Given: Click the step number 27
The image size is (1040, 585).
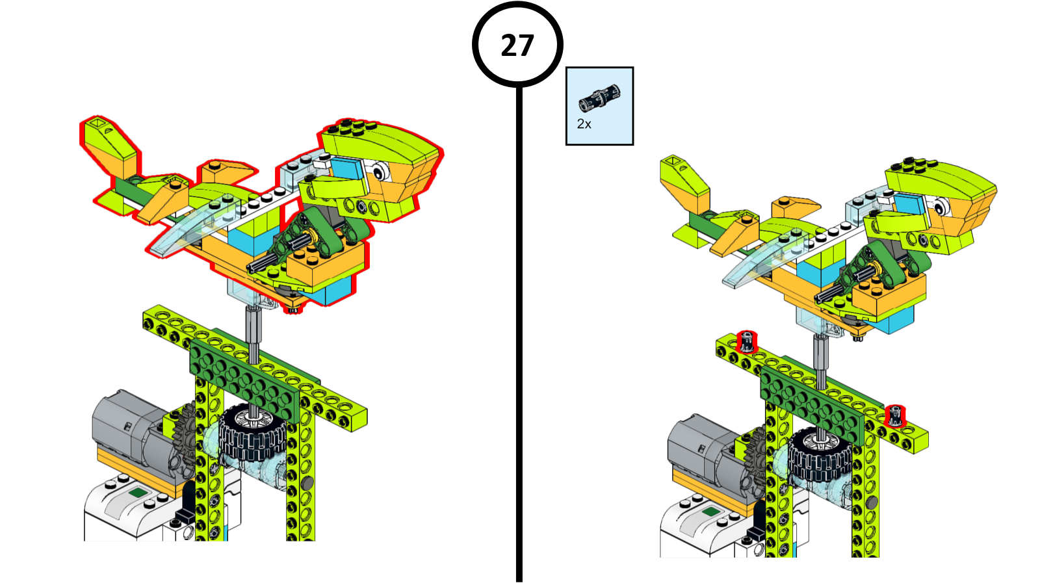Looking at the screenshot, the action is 517,45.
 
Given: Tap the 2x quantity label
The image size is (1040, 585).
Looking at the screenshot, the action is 584,124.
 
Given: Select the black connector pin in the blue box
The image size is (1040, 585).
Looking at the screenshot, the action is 599,97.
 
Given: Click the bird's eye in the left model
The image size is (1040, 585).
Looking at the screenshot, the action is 380,171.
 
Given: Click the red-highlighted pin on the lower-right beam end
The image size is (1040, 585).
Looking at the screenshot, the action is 894,415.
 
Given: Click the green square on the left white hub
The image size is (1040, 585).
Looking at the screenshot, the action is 138,493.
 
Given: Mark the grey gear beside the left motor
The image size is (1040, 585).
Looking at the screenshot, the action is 186,434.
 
